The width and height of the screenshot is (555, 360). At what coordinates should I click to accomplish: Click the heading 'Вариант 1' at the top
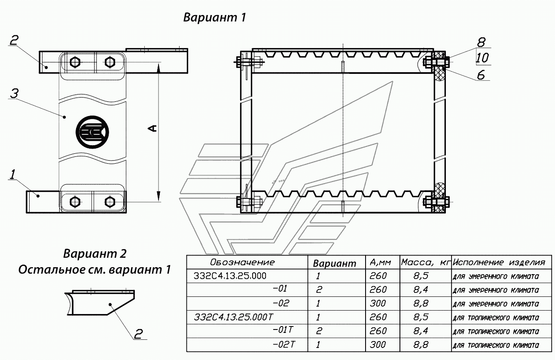point(214,18)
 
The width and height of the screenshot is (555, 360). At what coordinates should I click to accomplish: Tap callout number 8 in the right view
point(481,43)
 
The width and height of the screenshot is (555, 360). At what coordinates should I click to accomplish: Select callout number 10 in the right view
point(482,58)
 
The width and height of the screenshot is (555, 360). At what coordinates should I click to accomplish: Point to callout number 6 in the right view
point(481,75)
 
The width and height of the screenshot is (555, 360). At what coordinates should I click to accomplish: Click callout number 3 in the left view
point(14,94)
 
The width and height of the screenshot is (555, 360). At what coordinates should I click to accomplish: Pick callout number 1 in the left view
point(12,174)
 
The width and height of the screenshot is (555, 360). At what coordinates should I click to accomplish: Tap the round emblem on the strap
point(92,132)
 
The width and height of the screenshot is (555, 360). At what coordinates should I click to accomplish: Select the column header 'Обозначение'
point(242,262)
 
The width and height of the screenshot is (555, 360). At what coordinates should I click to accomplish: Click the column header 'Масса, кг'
point(425,262)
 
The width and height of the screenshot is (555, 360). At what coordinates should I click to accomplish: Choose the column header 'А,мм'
point(380,262)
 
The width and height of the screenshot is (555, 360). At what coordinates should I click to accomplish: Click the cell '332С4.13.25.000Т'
point(233,317)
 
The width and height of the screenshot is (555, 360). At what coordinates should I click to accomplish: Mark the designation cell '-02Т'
point(284,345)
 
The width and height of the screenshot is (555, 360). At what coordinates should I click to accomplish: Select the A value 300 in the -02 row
point(378,303)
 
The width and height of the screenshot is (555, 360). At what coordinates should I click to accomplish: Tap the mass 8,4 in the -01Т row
point(421,331)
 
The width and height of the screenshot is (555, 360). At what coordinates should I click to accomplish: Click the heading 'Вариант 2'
point(95,254)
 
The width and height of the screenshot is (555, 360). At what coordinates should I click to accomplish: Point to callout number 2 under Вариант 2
point(138,334)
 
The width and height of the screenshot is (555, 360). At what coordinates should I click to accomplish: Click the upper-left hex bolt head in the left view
point(75,62)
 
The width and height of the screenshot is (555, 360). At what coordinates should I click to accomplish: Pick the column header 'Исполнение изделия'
point(499,262)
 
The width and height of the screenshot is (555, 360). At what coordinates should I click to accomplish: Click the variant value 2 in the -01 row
point(319,290)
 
